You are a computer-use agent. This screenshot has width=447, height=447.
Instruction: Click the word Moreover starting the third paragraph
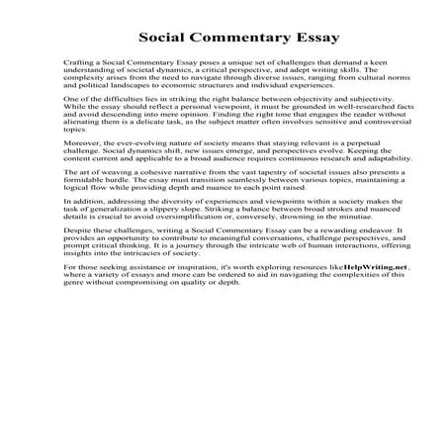(81, 172)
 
